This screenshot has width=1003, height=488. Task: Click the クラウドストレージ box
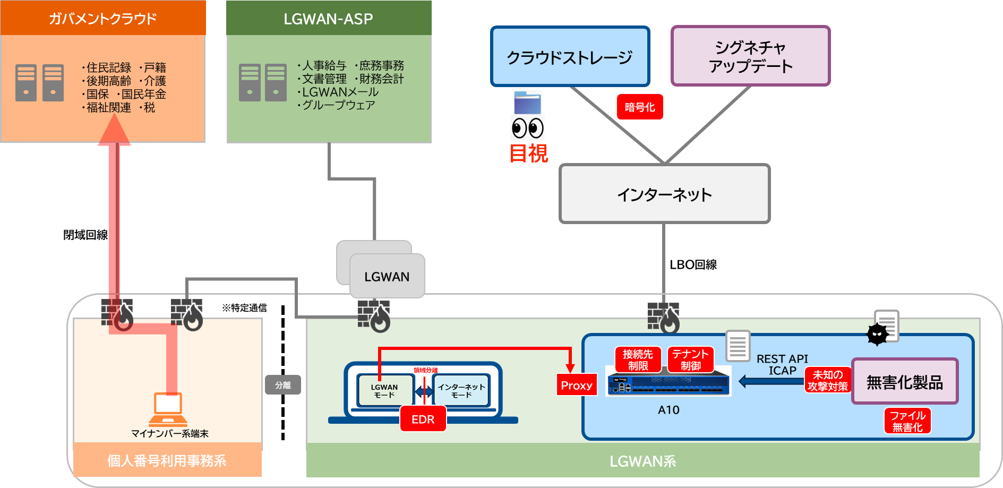(x=570, y=56)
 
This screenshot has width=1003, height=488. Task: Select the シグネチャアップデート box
(x=750, y=56)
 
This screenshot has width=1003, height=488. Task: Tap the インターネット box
(x=664, y=194)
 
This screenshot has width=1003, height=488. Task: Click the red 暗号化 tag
(x=640, y=107)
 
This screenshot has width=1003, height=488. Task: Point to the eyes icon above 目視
(x=527, y=129)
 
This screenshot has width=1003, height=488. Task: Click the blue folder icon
(x=527, y=103)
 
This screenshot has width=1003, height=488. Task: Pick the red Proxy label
(x=577, y=386)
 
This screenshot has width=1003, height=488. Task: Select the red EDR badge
(x=423, y=419)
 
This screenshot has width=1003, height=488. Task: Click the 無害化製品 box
(x=905, y=382)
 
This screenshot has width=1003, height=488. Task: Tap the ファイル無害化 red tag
(x=907, y=421)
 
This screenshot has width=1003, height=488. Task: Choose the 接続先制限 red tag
(x=638, y=359)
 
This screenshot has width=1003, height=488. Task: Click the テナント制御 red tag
(x=690, y=359)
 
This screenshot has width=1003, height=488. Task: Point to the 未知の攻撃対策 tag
(x=827, y=380)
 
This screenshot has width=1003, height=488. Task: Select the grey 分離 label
(x=283, y=385)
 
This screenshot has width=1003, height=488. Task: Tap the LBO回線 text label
(x=693, y=264)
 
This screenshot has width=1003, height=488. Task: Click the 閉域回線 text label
(x=85, y=235)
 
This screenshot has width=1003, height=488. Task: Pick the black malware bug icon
(x=877, y=334)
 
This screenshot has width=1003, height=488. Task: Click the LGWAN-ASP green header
(x=329, y=19)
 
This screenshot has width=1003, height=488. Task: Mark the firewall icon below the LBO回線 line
(x=663, y=318)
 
